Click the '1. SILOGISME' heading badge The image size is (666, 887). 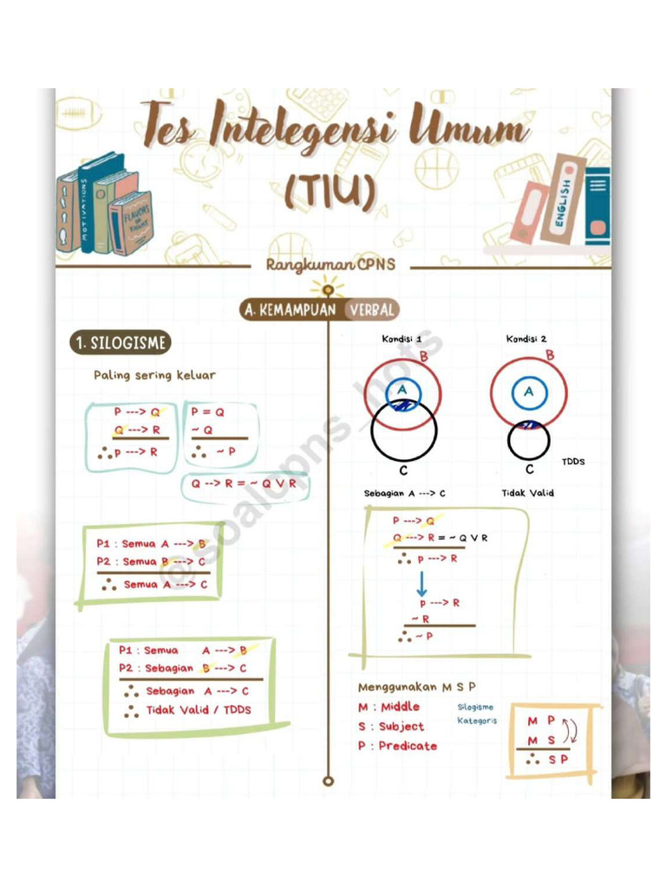[x=120, y=343]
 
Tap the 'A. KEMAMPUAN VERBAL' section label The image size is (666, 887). [x=320, y=310]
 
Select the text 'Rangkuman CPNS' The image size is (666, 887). [x=330, y=265]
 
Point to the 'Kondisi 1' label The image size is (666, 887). [x=402, y=340]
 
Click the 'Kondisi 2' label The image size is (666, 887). [x=526, y=340]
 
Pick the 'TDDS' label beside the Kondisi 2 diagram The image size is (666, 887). [x=573, y=462]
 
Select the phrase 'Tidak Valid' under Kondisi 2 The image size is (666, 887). [x=527, y=493]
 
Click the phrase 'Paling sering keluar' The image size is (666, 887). [x=154, y=375]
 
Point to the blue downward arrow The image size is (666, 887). [x=421, y=583]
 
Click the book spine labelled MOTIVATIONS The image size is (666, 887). [x=85, y=209]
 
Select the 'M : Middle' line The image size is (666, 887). [x=388, y=707]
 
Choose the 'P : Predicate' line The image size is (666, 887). [x=397, y=746]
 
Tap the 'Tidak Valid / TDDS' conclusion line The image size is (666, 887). [x=187, y=710]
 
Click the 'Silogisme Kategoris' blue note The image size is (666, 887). [x=477, y=714]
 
